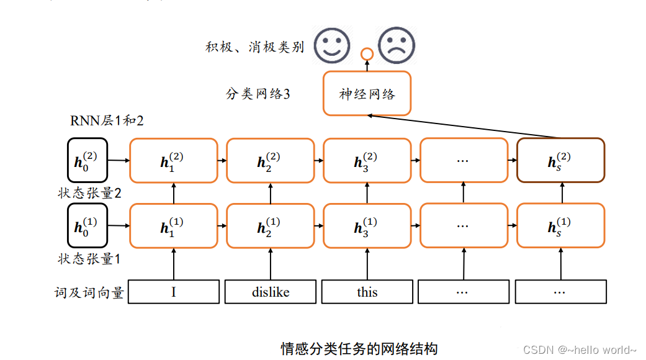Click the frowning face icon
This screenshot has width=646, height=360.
point(397,45)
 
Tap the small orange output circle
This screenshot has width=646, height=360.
point(367,55)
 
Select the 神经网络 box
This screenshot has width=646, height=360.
point(367,94)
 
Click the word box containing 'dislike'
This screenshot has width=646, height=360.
point(271,292)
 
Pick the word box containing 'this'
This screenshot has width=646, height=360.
point(367,292)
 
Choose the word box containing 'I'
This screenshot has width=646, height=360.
point(174,292)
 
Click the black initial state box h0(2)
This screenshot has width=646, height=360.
point(87,161)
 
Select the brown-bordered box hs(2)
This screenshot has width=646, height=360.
point(560,161)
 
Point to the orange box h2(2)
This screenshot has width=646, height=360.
point(271,161)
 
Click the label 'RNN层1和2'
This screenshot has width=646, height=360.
point(107,121)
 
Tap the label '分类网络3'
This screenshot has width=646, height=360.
point(258,94)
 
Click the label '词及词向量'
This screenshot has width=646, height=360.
point(89,292)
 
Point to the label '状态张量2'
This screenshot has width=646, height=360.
point(89,192)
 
